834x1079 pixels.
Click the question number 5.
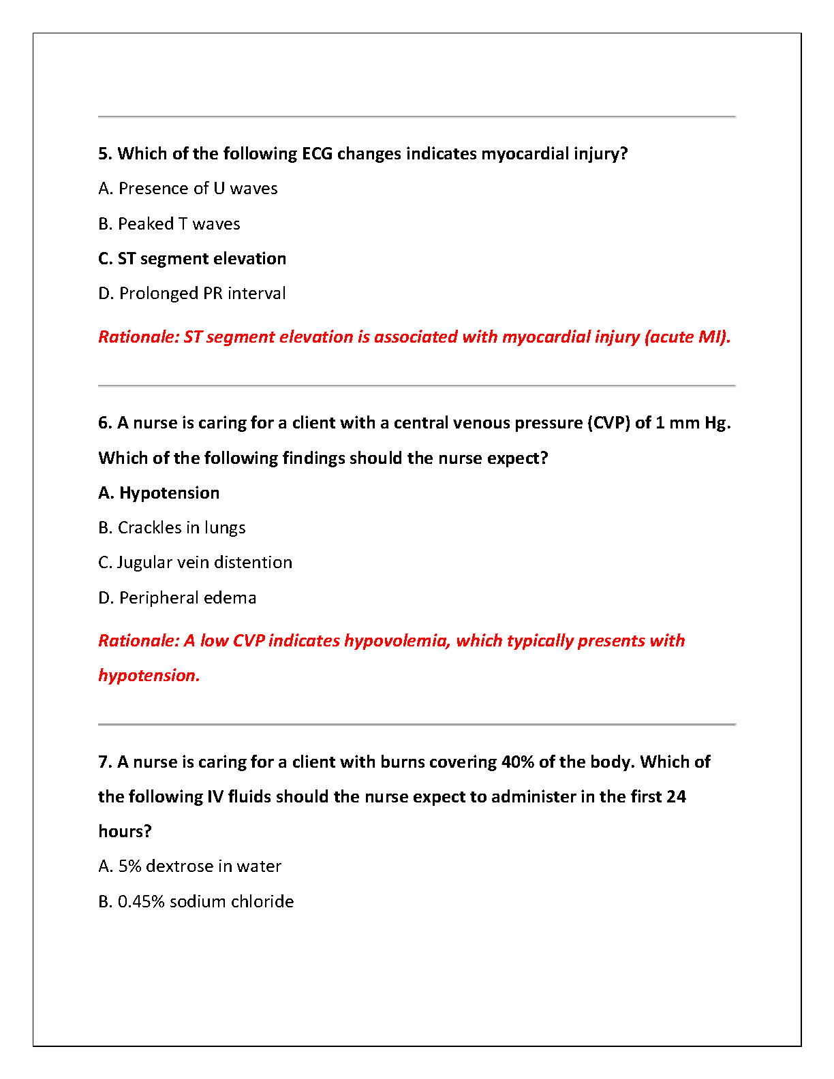click(x=104, y=154)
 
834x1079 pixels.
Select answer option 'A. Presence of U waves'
click(x=188, y=189)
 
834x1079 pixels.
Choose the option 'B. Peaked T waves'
click(x=169, y=224)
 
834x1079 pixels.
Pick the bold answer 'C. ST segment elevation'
click(x=192, y=259)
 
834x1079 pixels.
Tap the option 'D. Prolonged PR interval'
click(x=192, y=294)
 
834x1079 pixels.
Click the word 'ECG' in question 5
click(x=317, y=154)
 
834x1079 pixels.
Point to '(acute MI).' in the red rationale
click(x=688, y=337)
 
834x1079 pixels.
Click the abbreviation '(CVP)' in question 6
click(x=608, y=423)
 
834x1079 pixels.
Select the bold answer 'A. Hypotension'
click(x=159, y=493)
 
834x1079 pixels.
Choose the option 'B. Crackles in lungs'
click(x=172, y=528)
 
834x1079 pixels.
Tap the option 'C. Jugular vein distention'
click(x=195, y=563)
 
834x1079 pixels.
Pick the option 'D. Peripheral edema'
click(x=177, y=598)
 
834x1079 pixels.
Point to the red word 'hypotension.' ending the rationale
click(x=149, y=676)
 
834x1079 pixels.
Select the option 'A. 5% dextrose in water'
click(x=189, y=866)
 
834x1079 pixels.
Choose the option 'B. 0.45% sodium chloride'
click(x=196, y=902)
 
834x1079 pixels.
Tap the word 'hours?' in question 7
click(x=125, y=832)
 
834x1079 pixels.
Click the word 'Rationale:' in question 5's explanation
click(x=138, y=337)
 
